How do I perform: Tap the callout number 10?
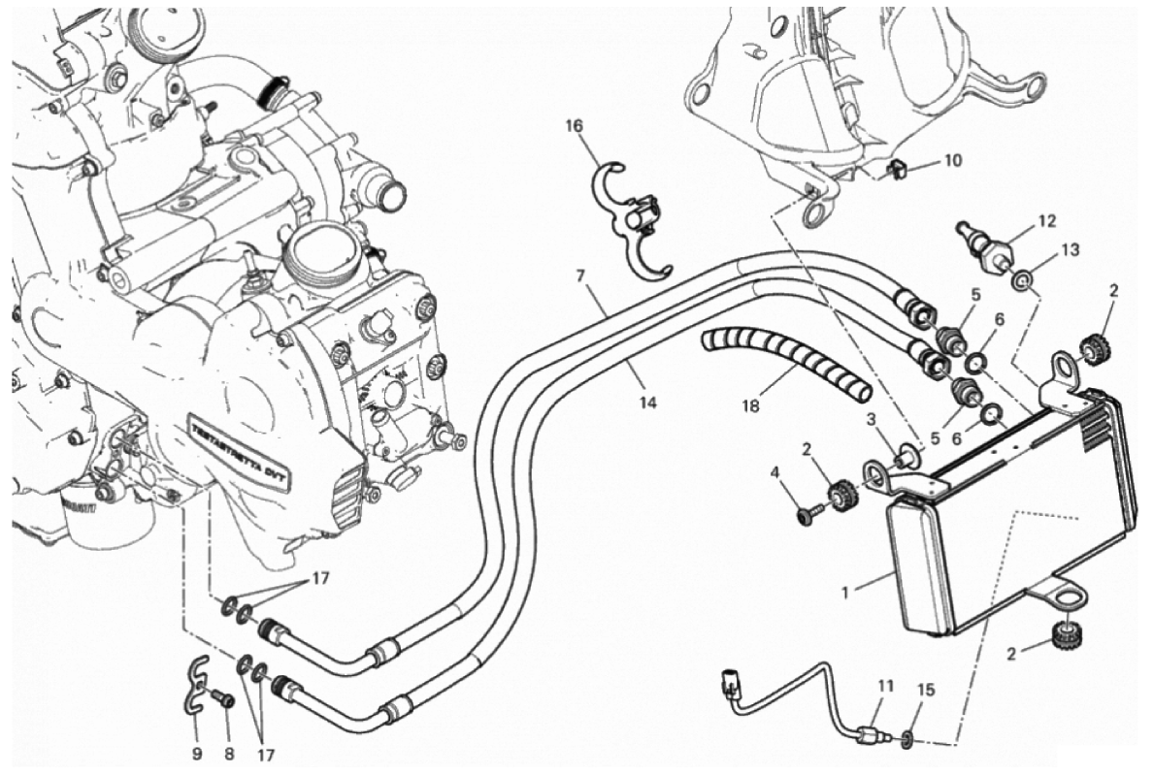[x=951, y=161]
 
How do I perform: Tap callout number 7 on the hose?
[x=580, y=275]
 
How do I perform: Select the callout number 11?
[x=884, y=687]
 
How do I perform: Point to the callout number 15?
[x=926, y=691]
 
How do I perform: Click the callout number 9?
[x=196, y=753]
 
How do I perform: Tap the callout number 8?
[x=228, y=753]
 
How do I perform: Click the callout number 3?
[x=873, y=418]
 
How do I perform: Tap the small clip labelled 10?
[x=898, y=171]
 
